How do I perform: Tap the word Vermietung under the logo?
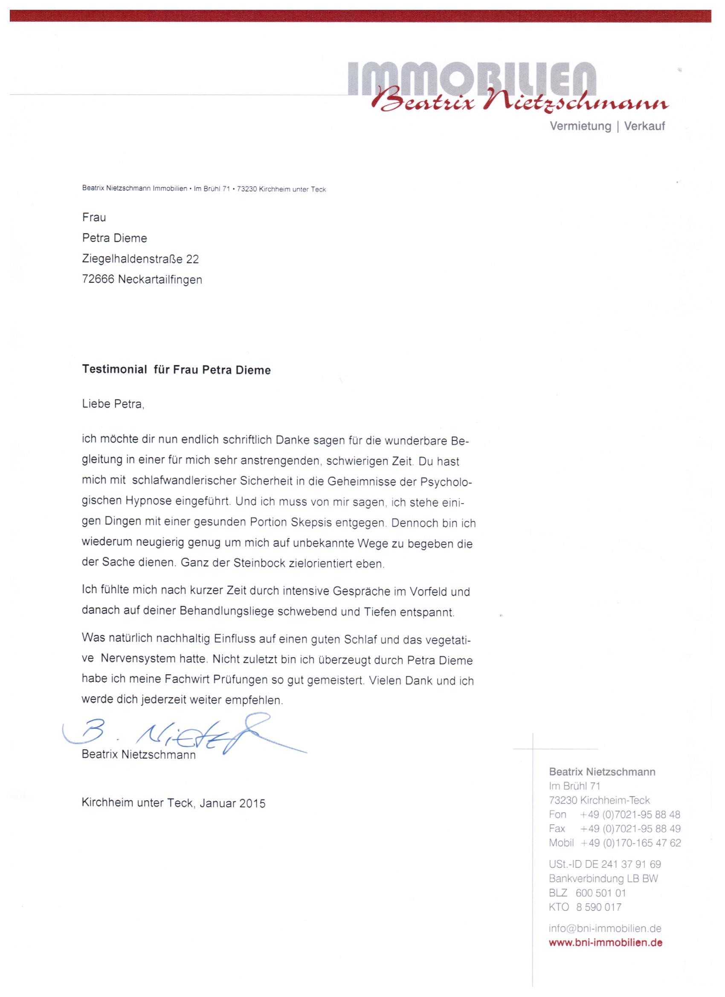pyautogui.click(x=580, y=127)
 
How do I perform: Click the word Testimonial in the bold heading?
pyautogui.click(x=114, y=370)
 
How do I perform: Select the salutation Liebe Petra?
pyautogui.click(x=113, y=403)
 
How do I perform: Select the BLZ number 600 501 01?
pyautogui.click(x=600, y=893)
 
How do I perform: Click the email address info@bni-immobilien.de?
pyautogui.click(x=605, y=928)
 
